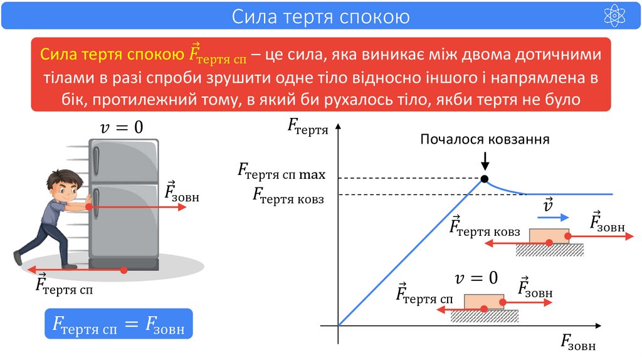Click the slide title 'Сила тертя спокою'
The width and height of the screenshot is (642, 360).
[x=320, y=16]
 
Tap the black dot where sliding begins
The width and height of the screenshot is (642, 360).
[x=484, y=179]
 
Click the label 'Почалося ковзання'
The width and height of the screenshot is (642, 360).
[x=485, y=139]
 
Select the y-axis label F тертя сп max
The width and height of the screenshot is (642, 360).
[x=280, y=171]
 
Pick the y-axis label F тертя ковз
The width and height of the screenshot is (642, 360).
[x=288, y=196]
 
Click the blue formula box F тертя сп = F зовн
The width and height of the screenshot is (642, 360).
[x=118, y=324]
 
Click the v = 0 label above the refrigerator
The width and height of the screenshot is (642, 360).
[x=122, y=127]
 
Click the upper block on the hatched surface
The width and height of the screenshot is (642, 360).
[x=549, y=236]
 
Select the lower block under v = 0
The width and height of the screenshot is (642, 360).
[x=483, y=301]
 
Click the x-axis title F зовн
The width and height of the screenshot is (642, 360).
[x=577, y=343]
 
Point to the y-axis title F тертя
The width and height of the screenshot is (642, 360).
[x=308, y=126]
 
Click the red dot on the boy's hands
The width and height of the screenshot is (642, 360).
[x=89, y=206]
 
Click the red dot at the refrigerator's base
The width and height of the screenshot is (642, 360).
[x=124, y=270]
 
